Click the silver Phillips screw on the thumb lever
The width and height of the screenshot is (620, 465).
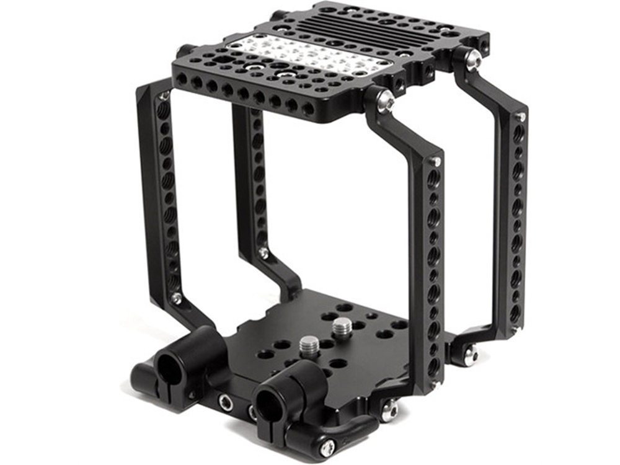[328, 446]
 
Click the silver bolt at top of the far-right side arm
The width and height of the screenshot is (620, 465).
[473, 60]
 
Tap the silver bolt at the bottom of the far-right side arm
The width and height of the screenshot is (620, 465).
[471, 355]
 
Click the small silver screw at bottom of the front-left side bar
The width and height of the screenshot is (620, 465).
[177, 299]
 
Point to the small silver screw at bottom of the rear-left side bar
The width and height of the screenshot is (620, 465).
[263, 252]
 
